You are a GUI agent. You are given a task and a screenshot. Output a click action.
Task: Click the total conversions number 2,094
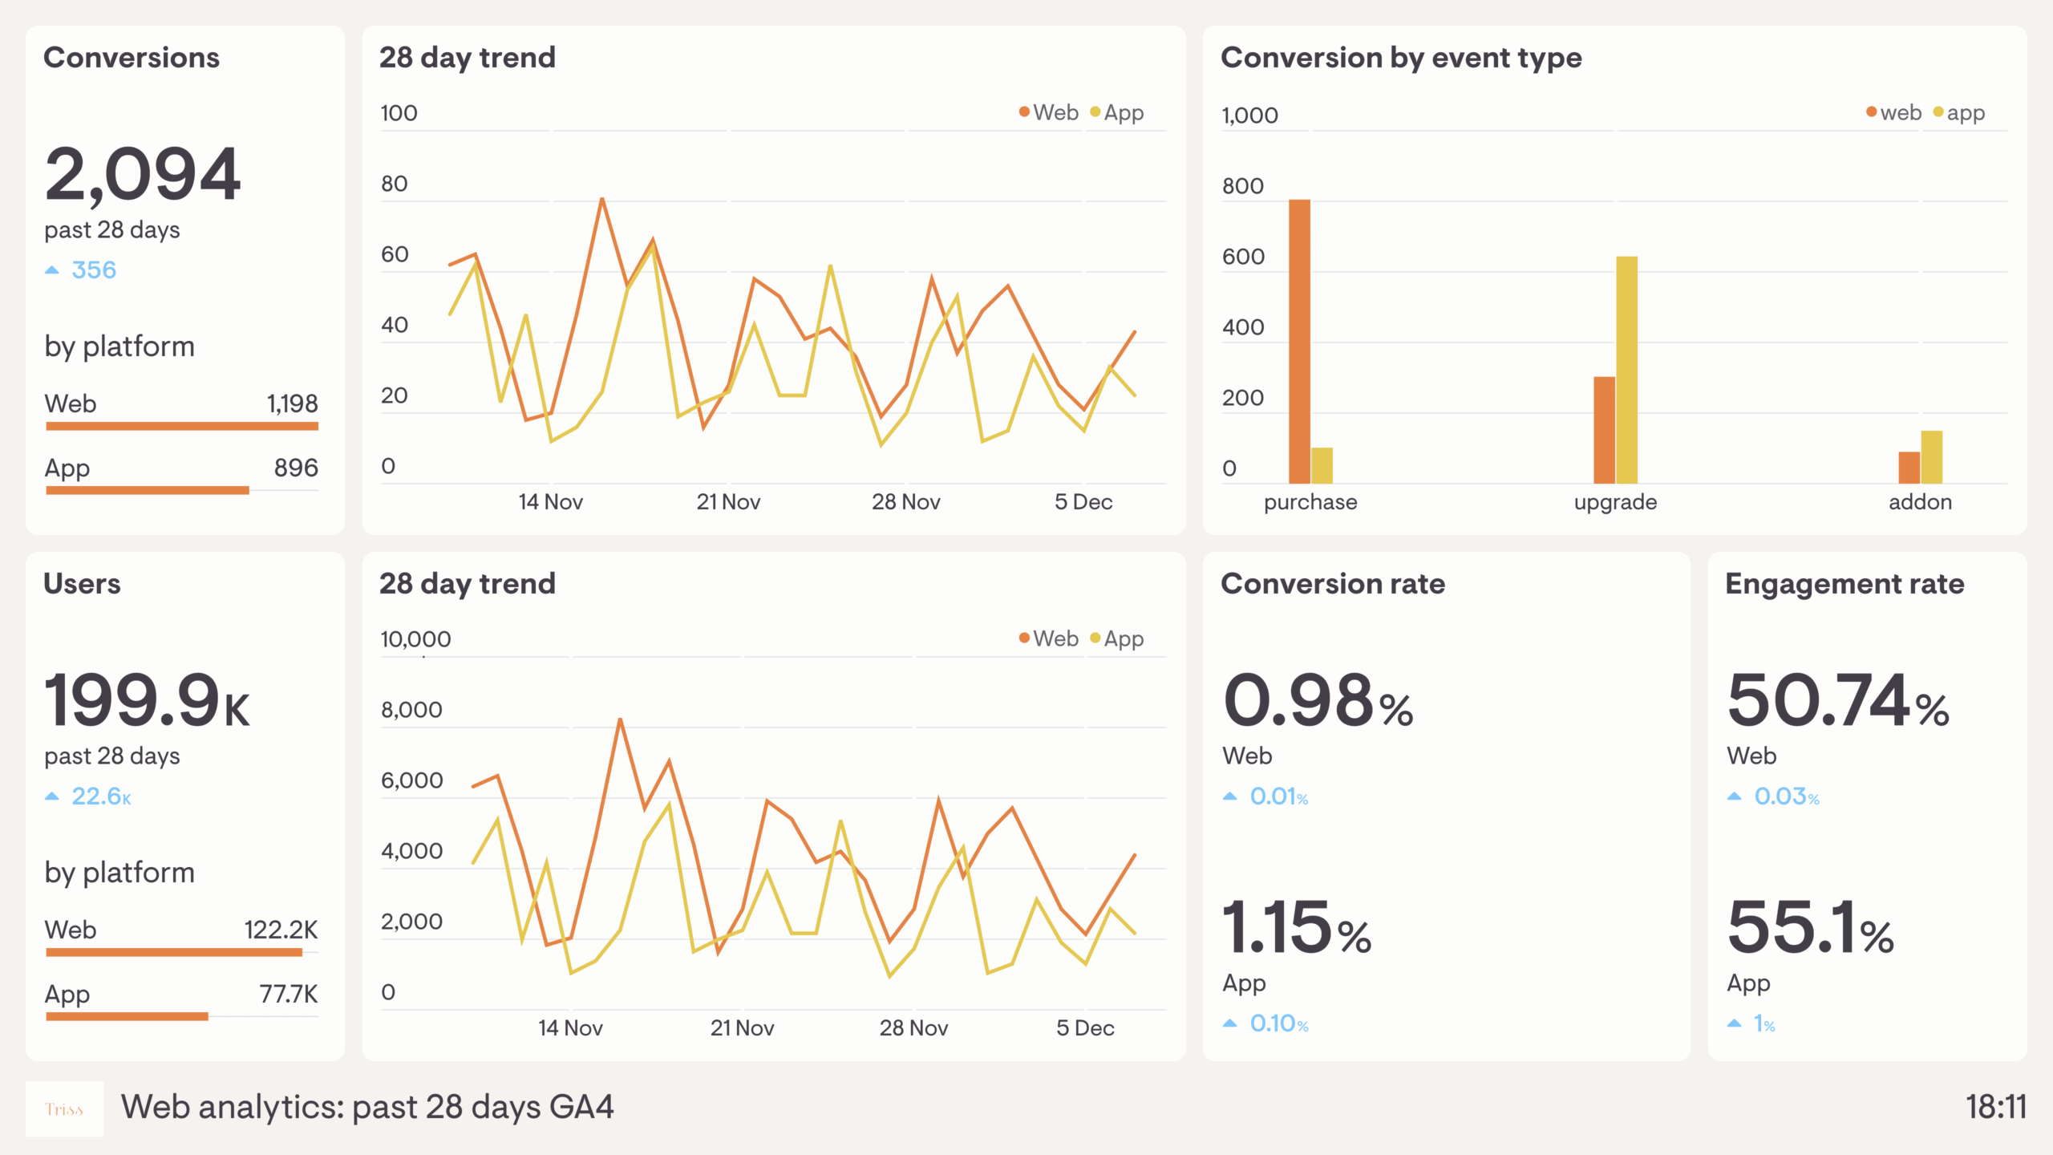point(143,174)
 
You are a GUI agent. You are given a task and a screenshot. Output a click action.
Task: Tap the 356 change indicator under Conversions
point(93,270)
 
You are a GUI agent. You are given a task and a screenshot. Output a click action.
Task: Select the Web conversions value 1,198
point(292,403)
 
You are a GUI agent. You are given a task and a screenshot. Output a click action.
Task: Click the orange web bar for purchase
point(1299,341)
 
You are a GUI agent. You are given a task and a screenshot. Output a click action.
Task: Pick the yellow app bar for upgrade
point(1626,369)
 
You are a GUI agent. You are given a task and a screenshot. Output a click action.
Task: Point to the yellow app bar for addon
point(1931,457)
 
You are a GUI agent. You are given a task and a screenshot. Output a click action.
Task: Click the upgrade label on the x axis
point(1615,502)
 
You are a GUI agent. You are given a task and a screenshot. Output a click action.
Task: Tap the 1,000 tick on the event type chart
point(1249,115)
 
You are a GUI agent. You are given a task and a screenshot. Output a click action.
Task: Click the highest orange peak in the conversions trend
point(601,201)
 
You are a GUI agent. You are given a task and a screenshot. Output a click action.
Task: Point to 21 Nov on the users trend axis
point(742,1028)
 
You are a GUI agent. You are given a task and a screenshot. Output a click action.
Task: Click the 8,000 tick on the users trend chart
point(411,710)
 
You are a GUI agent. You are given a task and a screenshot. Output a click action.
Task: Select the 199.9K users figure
point(147,700)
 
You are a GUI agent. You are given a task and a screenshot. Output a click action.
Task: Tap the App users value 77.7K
point(289,994)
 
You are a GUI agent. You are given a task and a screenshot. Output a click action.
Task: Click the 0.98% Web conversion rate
point(1318,702)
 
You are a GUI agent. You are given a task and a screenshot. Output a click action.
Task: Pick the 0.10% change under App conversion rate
point(1278,1023)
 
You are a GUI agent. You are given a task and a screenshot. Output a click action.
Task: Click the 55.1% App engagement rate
point(1810,928)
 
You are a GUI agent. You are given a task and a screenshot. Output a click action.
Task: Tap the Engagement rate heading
point(1844,584)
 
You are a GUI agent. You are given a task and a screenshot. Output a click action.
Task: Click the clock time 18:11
point(1995,1107)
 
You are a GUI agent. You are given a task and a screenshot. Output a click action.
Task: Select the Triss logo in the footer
point(64,1109)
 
